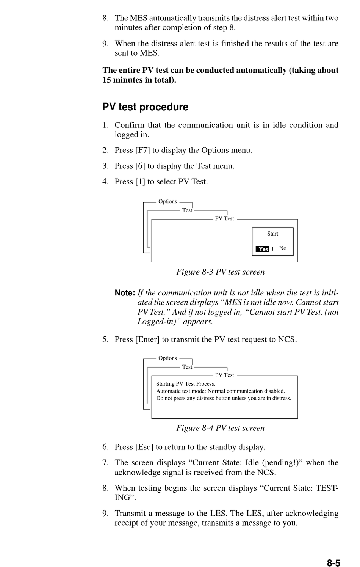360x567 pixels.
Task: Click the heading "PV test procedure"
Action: tap(145, 107)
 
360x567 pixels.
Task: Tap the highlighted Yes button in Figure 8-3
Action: tap(263, 249)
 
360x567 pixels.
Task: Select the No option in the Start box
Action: tap(283, 248)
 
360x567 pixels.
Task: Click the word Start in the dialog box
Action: tap(272, 234)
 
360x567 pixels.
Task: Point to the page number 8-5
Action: tap(333, 563)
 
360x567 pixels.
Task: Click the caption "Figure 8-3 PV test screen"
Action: tap(220, 272)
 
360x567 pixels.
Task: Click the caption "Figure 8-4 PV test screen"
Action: tap(220, 428)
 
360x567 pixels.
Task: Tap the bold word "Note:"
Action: tap(125, 293)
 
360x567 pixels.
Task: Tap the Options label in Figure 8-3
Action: tap(167, 201)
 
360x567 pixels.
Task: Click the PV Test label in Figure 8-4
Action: tap(224, 375)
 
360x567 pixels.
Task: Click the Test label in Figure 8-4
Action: tap(187, 367)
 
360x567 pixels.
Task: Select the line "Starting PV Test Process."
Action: tap(186, 384)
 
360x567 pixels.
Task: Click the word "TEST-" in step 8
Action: tap(327, 488)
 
